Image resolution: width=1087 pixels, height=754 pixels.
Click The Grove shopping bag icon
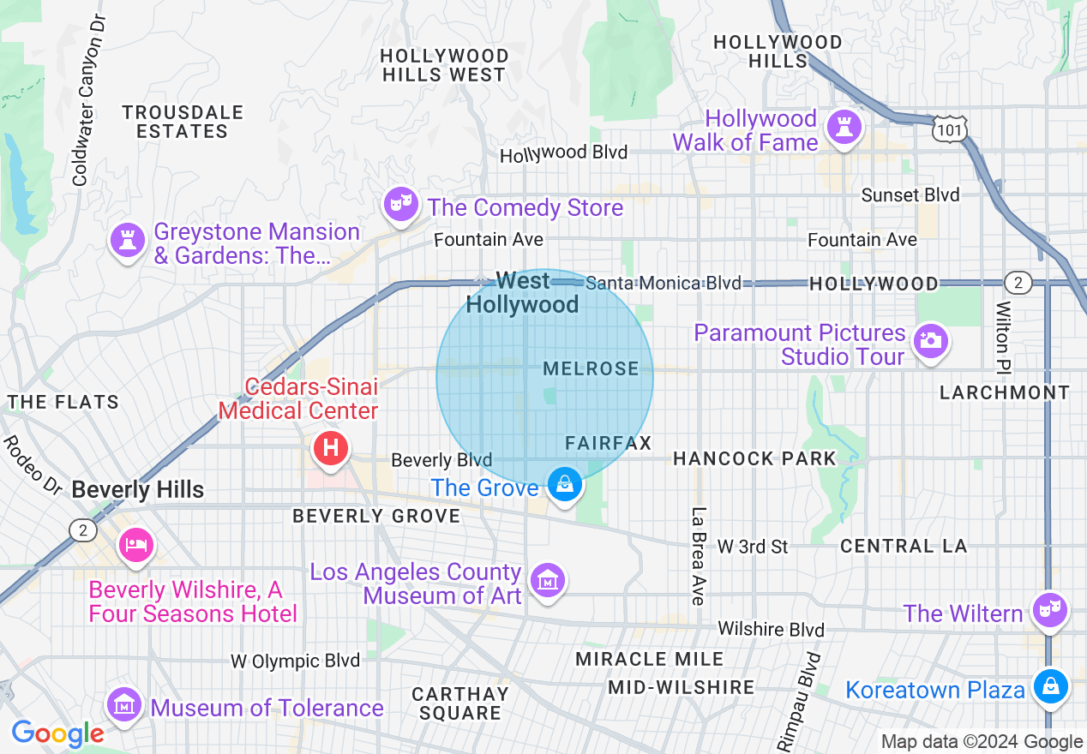click(x=565, y=485)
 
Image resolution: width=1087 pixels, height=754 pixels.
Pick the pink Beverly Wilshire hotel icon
click(x=135, y=544)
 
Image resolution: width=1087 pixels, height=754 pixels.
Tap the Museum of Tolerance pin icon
click(x=124, y=704)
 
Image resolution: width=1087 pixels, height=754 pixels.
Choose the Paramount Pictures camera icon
click(x=930, y=340)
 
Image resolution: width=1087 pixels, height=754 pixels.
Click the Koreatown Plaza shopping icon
click(x=1049, y=685)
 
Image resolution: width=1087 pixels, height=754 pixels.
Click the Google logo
click(x=57, y=733)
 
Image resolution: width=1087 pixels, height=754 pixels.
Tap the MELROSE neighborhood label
click(x=592, y=368)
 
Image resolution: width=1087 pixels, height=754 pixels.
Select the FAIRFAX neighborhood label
click(x=609, y=443)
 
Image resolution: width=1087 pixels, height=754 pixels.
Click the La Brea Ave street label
click(x=698, y=556)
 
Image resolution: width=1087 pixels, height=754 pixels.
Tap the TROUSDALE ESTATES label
click(x=182, y=122)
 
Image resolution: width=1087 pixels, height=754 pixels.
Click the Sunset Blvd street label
click(x=910, y=195)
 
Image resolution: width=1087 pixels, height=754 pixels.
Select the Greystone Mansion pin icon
click(x=128, y=239)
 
